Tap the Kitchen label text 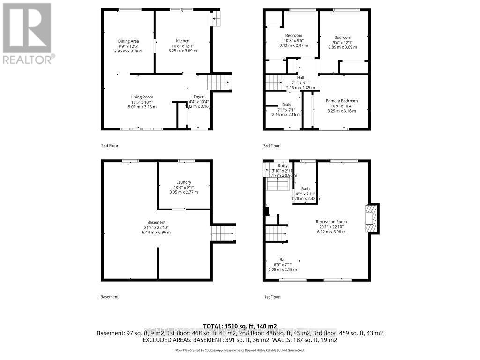point(182,41)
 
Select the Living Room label point(142,97)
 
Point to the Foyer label point(199,97)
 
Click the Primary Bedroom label point(342,101)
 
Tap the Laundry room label point(184,182)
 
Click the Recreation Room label point(331,222)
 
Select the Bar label point(283,259)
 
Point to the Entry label point(283,165)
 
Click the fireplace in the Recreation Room point(372,218)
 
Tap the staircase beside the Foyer point(218,83)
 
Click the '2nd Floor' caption point(110,146)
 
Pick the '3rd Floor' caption point(271,146)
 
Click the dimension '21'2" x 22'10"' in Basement point(156,227)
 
